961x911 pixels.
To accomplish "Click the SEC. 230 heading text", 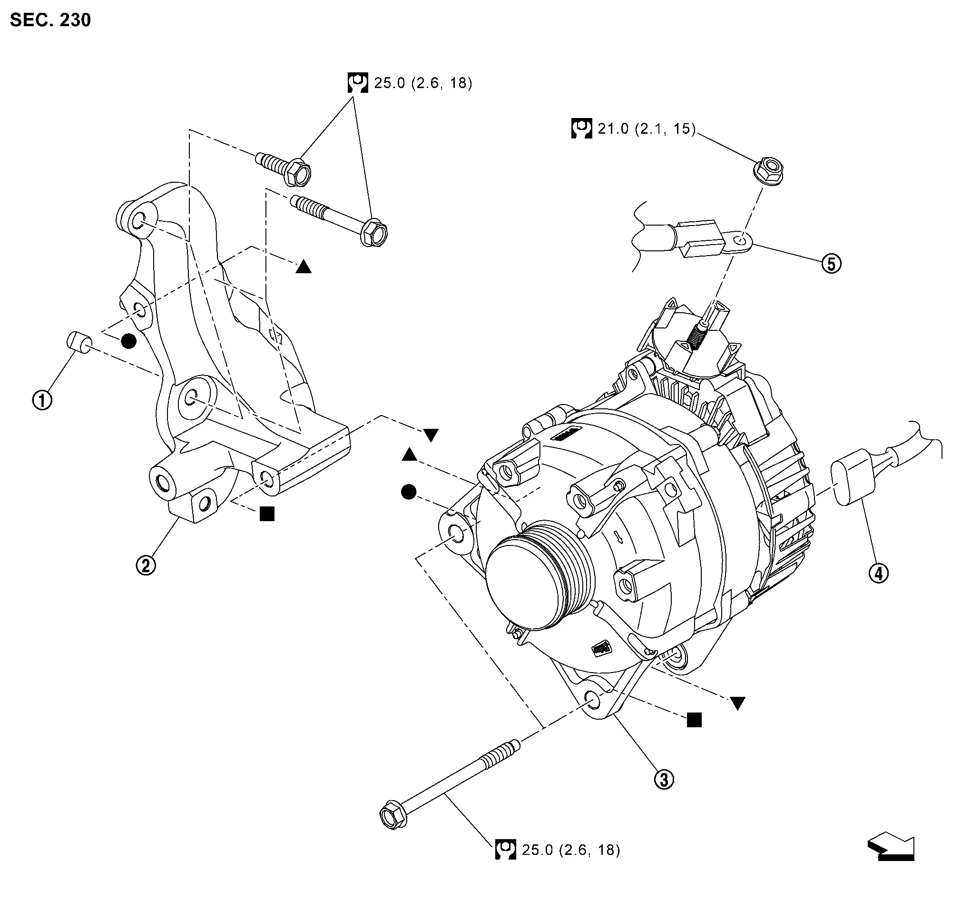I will click(x=50, y=20).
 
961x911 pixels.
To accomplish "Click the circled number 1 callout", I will click(x=42, y=400).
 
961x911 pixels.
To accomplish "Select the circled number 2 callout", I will click(x=146, y=565).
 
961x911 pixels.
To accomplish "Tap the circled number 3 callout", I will click(x=664, y=780).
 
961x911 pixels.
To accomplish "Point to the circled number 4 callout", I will click(x=879, y=573).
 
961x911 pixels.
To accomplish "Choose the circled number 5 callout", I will click(x=832, y=264).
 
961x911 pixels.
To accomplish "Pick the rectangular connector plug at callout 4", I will click(x=853, y=477).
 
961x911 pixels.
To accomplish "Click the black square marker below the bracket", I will click(x=267, y=514).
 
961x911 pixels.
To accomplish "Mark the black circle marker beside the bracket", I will click(x=128, y=341).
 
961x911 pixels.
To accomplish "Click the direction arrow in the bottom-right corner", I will click(x=891, y=848).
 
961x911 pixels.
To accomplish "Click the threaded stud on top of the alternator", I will click(x=697, y=335).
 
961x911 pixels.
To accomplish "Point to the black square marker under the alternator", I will click(x=694, y=720).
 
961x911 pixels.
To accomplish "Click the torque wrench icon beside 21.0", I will click(x=581, y=129).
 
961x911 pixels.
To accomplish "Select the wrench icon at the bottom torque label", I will click(x=505, y=849).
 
